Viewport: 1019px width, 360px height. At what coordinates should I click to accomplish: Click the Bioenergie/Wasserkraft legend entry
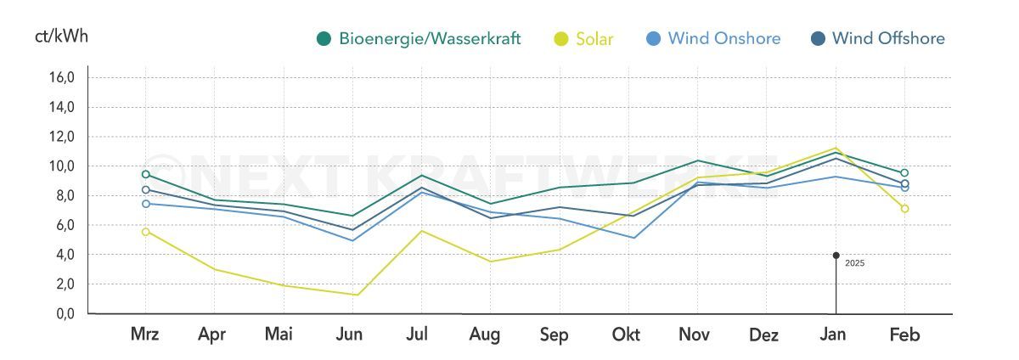[x=419, y=38]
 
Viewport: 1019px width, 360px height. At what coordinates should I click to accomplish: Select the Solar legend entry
[x=584, y=38]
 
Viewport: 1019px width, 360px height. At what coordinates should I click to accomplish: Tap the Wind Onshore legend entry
[x=713, y=38]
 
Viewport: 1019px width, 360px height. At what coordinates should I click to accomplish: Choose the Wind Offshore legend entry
[x=878, y=38]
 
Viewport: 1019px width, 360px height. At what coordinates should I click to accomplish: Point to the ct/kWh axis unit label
[x=61, y=37]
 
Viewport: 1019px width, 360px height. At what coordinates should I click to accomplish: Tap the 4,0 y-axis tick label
[x=65, y=255]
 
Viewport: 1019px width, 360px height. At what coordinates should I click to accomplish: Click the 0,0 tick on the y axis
[x=65, y=314]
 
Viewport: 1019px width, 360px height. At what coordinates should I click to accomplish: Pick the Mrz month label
[x=145, y=335]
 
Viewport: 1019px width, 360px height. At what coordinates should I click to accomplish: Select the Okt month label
[x=626, y=335]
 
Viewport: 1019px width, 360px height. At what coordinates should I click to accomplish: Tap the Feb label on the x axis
[x=904, y=335]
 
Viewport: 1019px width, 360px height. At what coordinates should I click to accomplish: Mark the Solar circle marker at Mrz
[x=146, y=232]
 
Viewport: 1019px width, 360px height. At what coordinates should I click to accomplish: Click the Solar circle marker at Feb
[x=904, y=209]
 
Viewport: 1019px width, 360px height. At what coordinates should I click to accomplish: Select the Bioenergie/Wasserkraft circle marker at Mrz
[x=146, y=174]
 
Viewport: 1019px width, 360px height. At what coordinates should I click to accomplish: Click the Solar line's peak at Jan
[x=836, y=148]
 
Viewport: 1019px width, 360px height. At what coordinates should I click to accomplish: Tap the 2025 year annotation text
[x=854, y=263]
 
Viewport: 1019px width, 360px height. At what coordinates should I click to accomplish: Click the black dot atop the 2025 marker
[x=836, y=255]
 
